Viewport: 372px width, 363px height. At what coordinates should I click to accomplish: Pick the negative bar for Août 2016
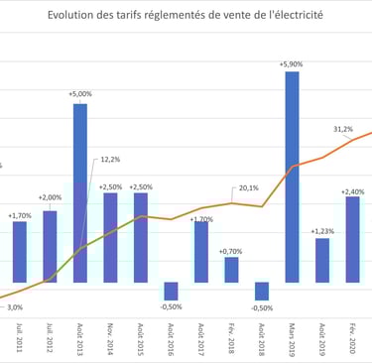pyautogui.click(x=172, y=291)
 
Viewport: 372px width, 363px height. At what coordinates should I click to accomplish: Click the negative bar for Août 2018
pyautogui.click(x=262, y=291)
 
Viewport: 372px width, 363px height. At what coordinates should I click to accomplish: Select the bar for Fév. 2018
pyautogui.click(x=231, y=270)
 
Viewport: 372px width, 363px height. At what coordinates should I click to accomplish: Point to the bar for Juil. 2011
pyautogui.click(x=20, y=252)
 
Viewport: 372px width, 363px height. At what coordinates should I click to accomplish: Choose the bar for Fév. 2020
pyautogui.click(x=352, y=239)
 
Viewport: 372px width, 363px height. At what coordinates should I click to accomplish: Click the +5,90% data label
pyautogui.click(x=294, y=63)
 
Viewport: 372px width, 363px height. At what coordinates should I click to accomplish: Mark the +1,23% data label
pyautogui.click(x=323, y=231)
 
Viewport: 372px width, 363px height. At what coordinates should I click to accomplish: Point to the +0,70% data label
pyautogui.click(x=232, y=251)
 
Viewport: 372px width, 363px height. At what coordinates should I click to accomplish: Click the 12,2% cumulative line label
pyautogui.click(x=110, y=159)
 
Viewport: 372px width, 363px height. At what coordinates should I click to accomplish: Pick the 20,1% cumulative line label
pyautogui.click(x=248, y=187)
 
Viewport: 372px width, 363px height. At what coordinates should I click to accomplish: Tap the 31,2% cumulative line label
pyautogui.click(x=343, y=129)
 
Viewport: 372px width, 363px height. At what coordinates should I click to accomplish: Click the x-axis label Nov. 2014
pyautogui.click(x=111, y=336)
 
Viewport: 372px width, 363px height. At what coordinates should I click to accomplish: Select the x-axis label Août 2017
pyautogui.click(x=201, y=336)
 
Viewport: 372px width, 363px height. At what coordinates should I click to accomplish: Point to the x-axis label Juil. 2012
pyautogui.click(x=50, y=336)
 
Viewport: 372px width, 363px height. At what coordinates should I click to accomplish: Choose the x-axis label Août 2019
pyautogui.click(x=323, y=336)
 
